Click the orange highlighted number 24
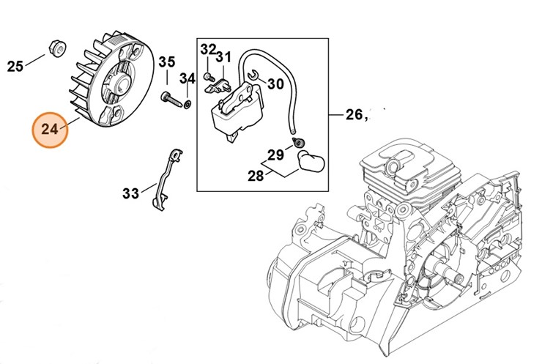(50, 129)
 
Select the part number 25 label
(15, 67)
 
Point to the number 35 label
(167, 62)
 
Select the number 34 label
(188, 78)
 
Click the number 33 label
(130, 193)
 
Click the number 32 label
(209, 49)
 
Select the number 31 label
(223, 56)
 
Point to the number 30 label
(275, 84)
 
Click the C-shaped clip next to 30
(251, 73)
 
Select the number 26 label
(354, 114)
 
